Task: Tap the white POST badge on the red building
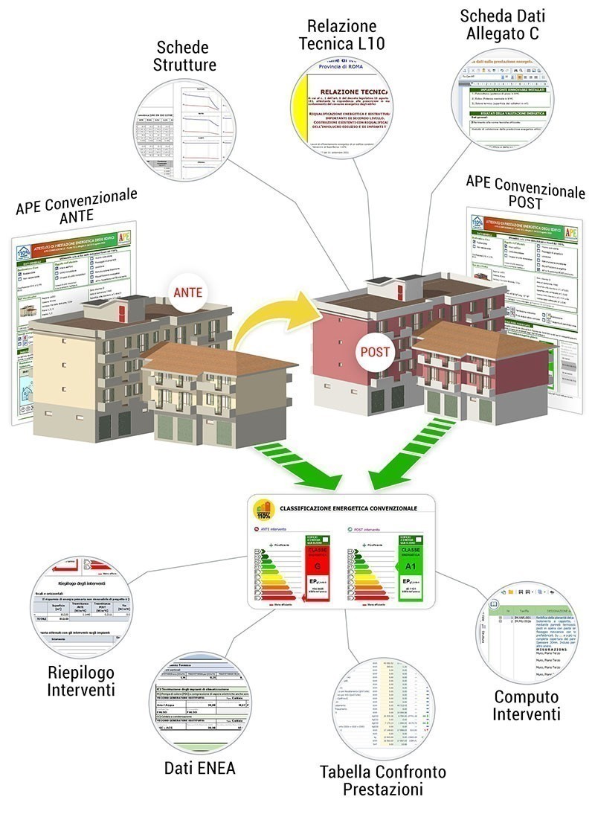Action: click(x=375, y=352)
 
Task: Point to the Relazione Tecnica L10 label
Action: click(x=342, y=34)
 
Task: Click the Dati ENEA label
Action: click(x=199, y=767)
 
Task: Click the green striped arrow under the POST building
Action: click(x=414, y=449)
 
